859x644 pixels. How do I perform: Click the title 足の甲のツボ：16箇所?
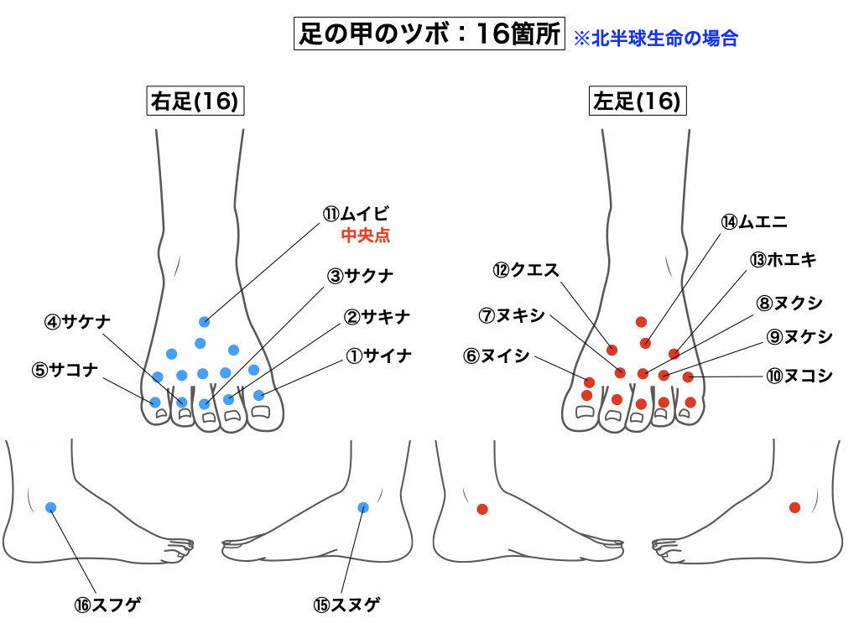[x=429, y=34]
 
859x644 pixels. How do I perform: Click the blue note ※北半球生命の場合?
[x=655, y=38]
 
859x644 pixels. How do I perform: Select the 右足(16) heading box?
[x=195, y=101]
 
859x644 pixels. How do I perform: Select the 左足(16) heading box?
[x=635, y=101]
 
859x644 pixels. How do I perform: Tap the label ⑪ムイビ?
[x=357, y=214]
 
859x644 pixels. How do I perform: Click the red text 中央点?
[x=365, y=236]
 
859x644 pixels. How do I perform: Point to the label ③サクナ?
[x=360, y=275]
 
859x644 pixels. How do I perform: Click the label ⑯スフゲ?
[x=106, y=604]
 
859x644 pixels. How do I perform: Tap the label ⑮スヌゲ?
[x=346, y=604]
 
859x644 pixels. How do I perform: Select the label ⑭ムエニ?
[x=753, y=221]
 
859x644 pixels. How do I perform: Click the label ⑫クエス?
[x=526, y=269]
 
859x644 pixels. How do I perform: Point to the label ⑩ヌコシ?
[x=799, y=376]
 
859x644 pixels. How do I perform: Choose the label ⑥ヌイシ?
[x=497, y=356]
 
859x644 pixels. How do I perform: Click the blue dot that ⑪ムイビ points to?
[x=204, y=321]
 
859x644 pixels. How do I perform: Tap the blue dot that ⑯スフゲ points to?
[x=50, y=506]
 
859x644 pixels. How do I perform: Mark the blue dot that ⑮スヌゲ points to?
[x=363, y=506]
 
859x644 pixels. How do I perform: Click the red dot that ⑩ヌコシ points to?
[x=688, y=377]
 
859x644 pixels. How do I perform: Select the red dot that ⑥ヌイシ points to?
[x=589, y=382]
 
